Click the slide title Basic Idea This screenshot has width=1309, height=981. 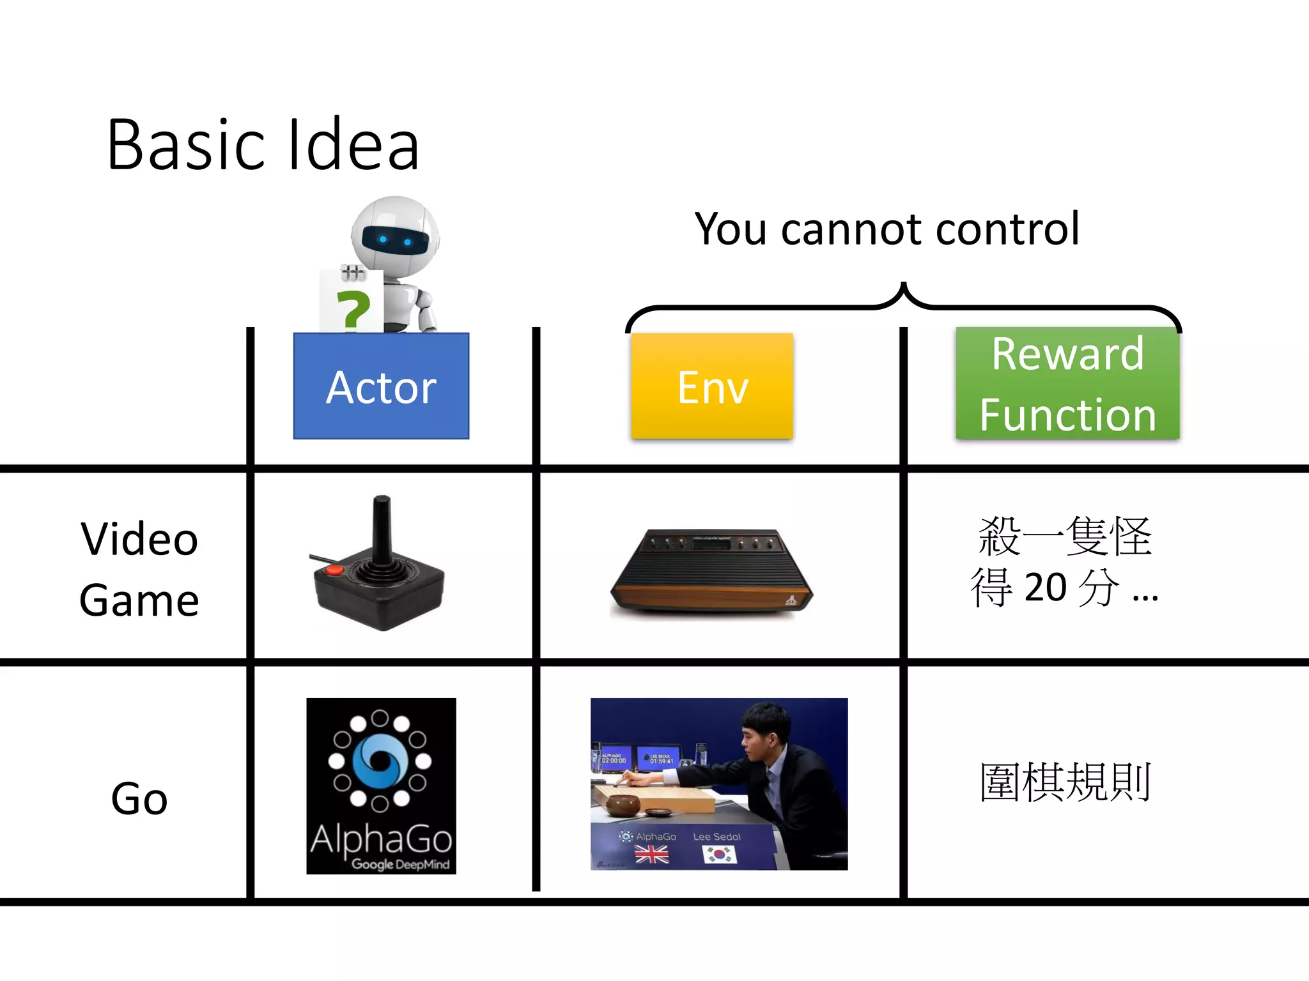pos(263,145)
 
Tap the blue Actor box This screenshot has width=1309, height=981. pos(381,386)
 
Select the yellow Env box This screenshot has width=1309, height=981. pos(712,386)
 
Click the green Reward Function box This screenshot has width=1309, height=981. pos(1067,383)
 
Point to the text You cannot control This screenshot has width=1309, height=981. pos(887,229)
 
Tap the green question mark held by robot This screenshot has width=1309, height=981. pos(353,309)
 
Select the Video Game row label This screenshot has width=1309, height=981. pos(139,568)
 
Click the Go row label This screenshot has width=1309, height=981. pos(139,798)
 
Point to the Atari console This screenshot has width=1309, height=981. pos(711,572)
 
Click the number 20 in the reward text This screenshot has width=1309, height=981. pos(1046,587)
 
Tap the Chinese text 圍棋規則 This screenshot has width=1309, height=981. pos(1065,782)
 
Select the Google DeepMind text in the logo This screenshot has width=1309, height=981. pos(400,864)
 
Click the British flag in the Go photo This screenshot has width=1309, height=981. pos(651,854)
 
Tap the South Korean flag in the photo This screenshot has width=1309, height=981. pos(719,854)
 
